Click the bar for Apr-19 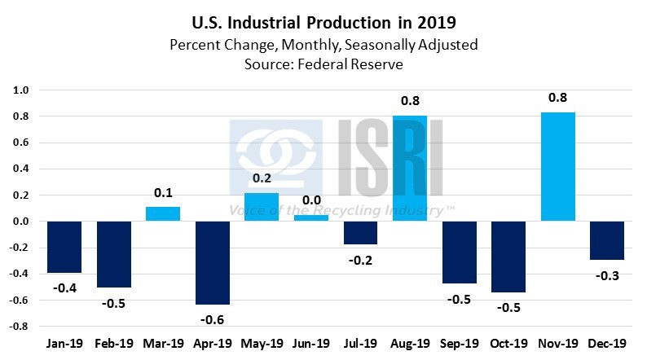pos(213,262)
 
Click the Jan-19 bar pos(64,247)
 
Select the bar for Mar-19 pos(164,214)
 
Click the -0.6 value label pos(213,318)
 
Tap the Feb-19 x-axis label pos(115,345)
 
